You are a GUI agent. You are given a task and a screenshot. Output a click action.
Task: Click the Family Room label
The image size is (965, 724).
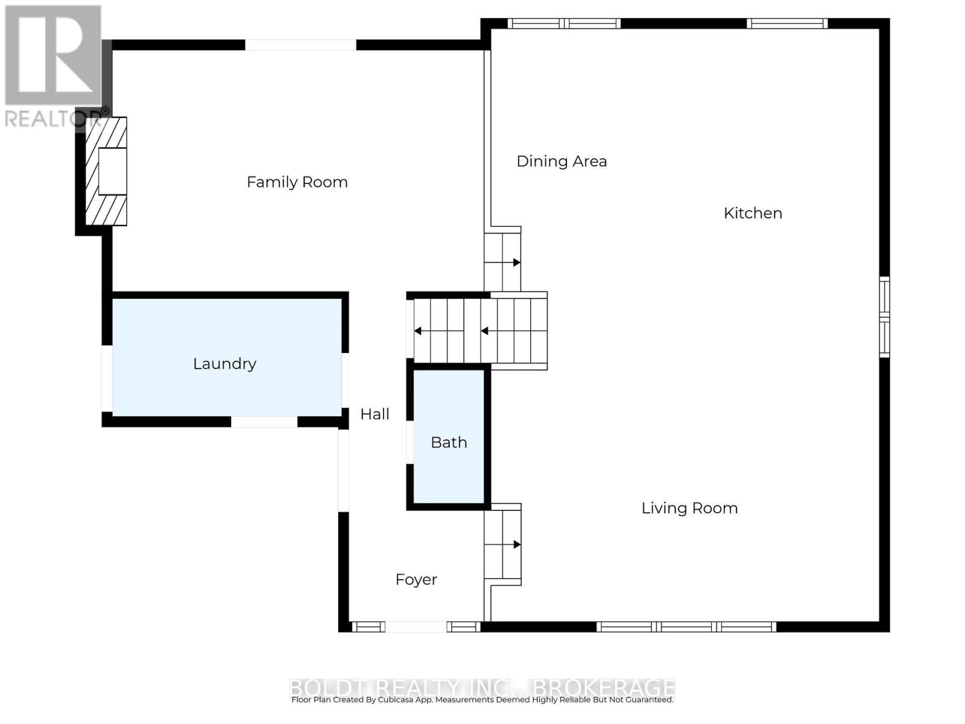pyautogui.click(x=297, y=182)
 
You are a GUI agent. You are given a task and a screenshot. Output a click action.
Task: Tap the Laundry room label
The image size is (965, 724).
pyautogui.click(x=224, y=364)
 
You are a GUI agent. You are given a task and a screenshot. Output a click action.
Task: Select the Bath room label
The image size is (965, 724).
pyautogui.click(x=449, y=443)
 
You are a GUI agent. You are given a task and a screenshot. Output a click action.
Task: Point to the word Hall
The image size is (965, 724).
pyautogui.click(x=375, y=414)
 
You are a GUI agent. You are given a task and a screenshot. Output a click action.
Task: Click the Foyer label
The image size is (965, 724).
pyautogui.click(x=416, y=580)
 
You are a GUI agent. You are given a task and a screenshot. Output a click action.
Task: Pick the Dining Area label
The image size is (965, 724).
pyautogui.click(x=562, y=162)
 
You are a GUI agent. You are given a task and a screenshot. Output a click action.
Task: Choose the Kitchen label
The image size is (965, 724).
pyautogui.click(x=753, y=213)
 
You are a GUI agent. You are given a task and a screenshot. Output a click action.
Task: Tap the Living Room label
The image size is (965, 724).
pyautogui.click(x=689, y=508)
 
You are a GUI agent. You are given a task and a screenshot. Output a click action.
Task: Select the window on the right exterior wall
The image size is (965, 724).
pyautogui.click(x=884, y=316)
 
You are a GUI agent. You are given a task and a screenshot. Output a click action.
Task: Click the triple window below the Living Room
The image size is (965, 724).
pyautogui.click(x=686, y=627)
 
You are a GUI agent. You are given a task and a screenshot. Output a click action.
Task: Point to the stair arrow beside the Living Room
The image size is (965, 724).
pyautogui.click(x=516, y=544)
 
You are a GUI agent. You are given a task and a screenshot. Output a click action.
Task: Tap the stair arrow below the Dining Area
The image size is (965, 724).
pyautogui.click(x=516, y=262)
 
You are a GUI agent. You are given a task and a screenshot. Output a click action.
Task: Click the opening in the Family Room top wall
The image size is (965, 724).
pyautogui.click(x=300, y=45)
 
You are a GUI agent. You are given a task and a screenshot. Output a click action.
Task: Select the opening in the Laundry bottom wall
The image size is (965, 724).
pyautogui.click(x=264, y=422)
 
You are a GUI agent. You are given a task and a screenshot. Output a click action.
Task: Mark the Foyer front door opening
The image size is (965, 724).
pyautogui.click(x=416, y=627)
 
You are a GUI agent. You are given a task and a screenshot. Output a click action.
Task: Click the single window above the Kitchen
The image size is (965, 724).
pyautogui.click(x=786, y=24)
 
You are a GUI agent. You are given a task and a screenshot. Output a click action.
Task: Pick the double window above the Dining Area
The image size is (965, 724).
pyautogui.click(x=564, y=24)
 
